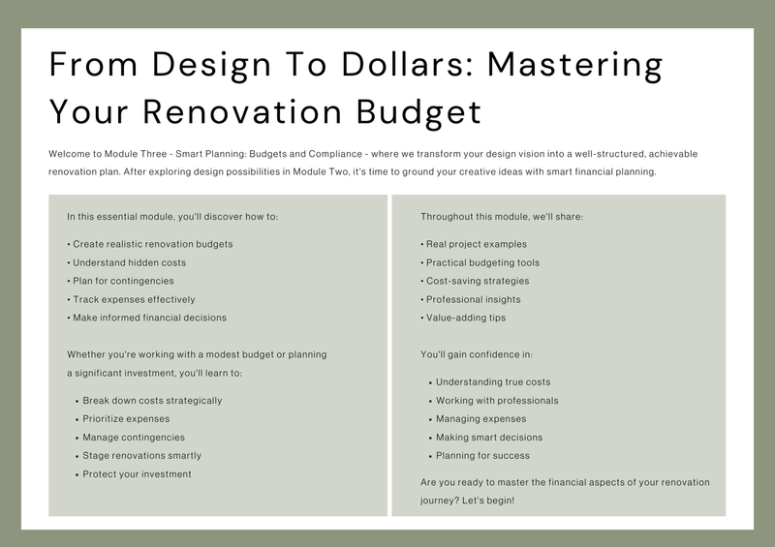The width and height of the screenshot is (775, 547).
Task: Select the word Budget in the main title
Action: (418, 113)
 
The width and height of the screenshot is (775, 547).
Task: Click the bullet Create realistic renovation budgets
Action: (150, 244)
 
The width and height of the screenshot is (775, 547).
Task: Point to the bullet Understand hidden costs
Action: (127, 263)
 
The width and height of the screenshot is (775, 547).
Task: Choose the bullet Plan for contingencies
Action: (120, 281)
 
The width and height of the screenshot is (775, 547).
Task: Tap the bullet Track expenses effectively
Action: (131, 299)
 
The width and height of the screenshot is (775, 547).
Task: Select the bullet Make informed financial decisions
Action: (147, 318)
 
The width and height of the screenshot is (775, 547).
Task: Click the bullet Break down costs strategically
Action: (149, 401)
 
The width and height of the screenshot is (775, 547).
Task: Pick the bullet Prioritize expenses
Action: (123, 419)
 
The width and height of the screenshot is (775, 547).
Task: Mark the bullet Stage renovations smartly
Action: (139, 456)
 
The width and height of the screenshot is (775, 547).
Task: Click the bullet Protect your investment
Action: (134, 474)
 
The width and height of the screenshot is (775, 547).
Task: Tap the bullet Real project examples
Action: (474, 244)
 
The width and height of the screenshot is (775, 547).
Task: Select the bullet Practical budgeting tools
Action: (480, 263)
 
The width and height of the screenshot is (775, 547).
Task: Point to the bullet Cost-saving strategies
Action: (475, 281)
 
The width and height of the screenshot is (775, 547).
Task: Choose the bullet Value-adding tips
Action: (463, 318)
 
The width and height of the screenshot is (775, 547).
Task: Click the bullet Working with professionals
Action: (494, 401)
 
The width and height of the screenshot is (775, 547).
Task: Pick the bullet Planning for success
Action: (480, 456)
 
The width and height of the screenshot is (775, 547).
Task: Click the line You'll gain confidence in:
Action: (477, 354)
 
